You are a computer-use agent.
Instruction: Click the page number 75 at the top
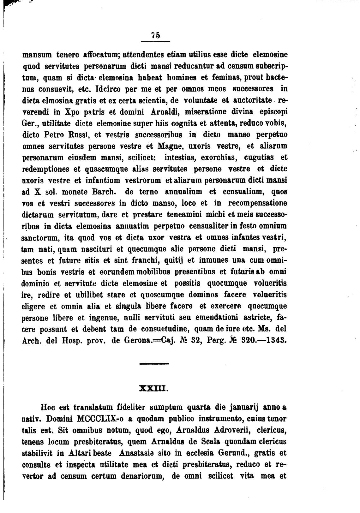click(155, 36)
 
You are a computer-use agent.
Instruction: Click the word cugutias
click(259, 158)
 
